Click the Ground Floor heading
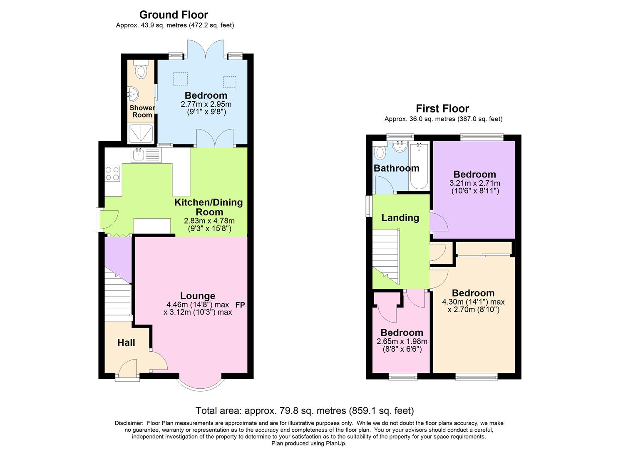click(174, 15)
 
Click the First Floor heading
click(442, 109)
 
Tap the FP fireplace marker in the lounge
click(240, 305)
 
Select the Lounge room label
click(198, 296)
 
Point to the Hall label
click(126, 342)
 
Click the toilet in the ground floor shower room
click(141, 71)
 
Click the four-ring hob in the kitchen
click(112, 173)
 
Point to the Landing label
click(400, 217)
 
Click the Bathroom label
click(396, 168)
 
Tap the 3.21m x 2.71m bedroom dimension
click(475, 183)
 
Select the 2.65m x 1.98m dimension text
click(402, 341)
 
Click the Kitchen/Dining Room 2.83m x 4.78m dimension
click(209, 221)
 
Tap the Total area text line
click(305, 411)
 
